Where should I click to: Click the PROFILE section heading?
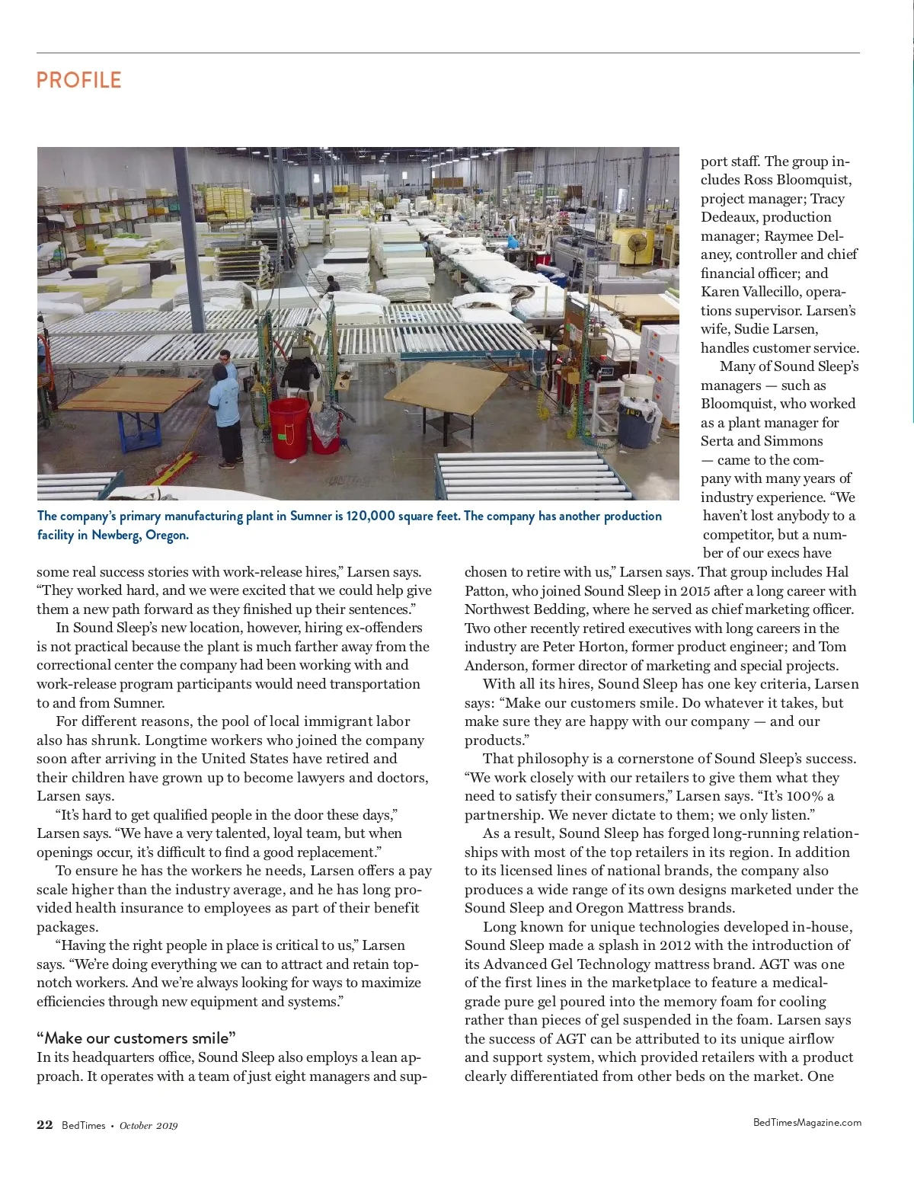coord(78,80)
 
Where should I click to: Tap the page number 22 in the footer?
coord(44,1125)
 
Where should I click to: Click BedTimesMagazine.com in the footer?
coord(807,1122)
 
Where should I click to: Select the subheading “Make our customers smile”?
coord(136,1038)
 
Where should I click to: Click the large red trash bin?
coord(289,426)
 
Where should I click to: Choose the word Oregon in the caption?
coord(166,535)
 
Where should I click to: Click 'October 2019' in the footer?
coord(149,1126)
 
